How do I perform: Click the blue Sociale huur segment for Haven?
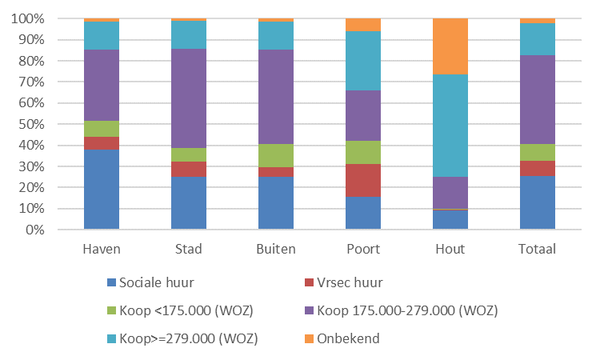[x=102, y=190]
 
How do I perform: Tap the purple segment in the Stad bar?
[x=189, y=98]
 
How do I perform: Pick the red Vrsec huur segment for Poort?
[x=363, y=180]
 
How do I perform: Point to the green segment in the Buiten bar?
[x=276, y=155]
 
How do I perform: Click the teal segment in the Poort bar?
[x=363, y=61]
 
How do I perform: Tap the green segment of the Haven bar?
[x=102, y=129]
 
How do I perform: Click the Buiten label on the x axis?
[x=276, y=249]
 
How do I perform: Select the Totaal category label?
[x=538, y=249]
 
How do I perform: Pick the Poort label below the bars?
[x=363, y=249]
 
